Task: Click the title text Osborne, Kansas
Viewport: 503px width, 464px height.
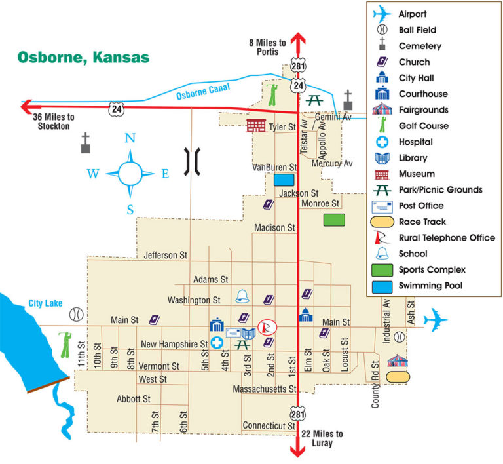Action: [83, 56]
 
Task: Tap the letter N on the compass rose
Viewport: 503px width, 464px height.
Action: [130, 138]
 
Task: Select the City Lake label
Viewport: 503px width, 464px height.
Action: [44, 304]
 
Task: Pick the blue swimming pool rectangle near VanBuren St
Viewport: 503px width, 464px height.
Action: [284, 180]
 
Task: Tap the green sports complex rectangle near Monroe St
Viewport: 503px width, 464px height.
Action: [334, 220]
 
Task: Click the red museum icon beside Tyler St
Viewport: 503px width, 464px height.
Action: [255, 125]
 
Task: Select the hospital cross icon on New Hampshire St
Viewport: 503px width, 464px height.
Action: [217, 343]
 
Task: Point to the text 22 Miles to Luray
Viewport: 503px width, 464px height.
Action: [322, 438]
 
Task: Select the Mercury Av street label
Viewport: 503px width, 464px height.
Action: [332, 163]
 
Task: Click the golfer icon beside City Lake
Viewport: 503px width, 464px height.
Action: [64, 344]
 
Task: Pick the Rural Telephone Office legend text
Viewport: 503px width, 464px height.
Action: [447, 238]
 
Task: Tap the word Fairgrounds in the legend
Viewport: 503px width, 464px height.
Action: [423, 110]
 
